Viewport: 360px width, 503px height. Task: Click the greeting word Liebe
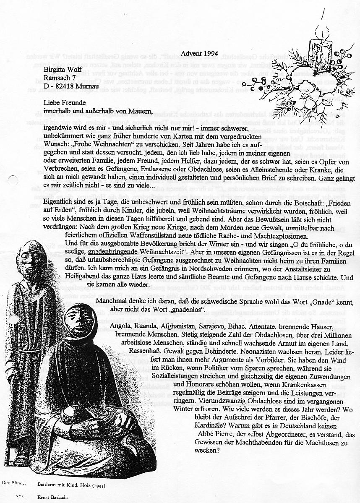[x=53, y=102]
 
